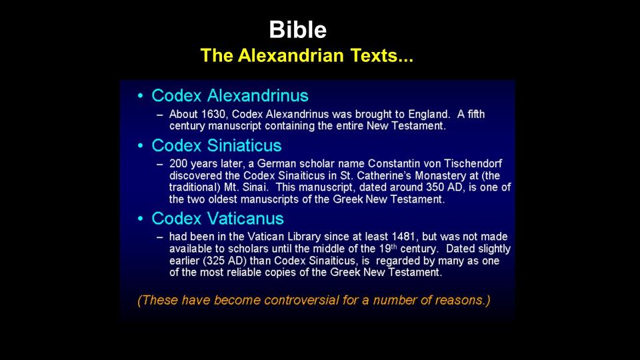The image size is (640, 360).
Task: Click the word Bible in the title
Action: coord(297,30)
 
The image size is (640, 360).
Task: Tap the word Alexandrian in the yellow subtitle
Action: coord(291,55)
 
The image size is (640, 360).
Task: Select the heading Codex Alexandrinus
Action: coord(230,95)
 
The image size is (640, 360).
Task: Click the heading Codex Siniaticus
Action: coord(216,145)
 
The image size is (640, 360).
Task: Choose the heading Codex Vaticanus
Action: coord(217,219)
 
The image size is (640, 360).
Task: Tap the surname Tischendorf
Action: coord(473,164)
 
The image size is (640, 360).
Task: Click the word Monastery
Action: coord(446,175)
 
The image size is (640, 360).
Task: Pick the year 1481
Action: coord(403,237)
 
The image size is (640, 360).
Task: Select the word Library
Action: coord(304,237)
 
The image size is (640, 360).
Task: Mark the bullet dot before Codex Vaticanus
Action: coord(141,219)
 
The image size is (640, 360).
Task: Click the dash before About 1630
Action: coord(160,115)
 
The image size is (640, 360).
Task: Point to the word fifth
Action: coord(476,114)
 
